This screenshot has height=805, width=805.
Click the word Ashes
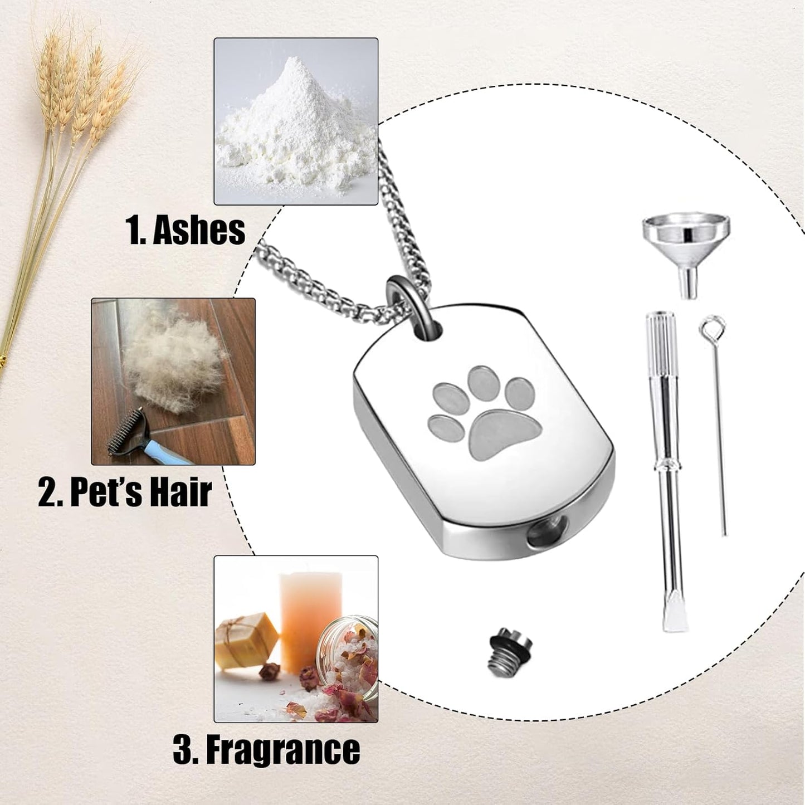point(199,231)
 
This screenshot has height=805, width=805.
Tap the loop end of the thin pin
point(712,326)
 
